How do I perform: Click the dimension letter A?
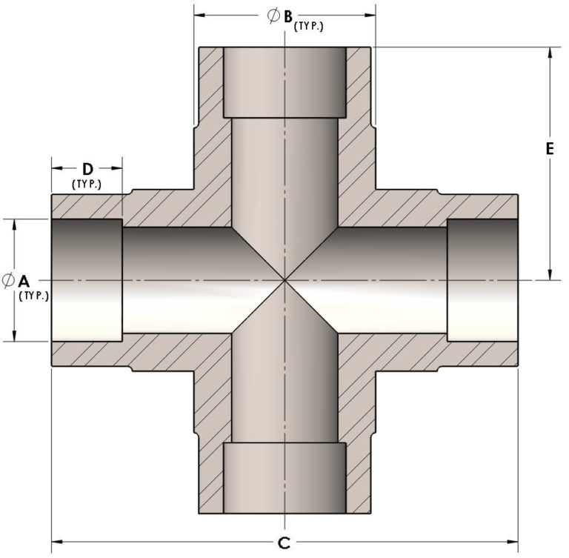[x=24, y=281]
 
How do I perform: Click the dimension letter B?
[x=287, y=16]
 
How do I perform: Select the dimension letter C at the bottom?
[x=284, y=543]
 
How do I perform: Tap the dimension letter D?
[x=88, y=169]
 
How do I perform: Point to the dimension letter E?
[x=550, y=149]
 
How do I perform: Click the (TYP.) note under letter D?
[x=87, y=184]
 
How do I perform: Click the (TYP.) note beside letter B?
[x=308, y=27]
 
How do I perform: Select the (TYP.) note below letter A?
[x=33, y=296]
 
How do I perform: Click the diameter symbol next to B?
[x=273, y=16]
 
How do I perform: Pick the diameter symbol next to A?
[x=8, y=281]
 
